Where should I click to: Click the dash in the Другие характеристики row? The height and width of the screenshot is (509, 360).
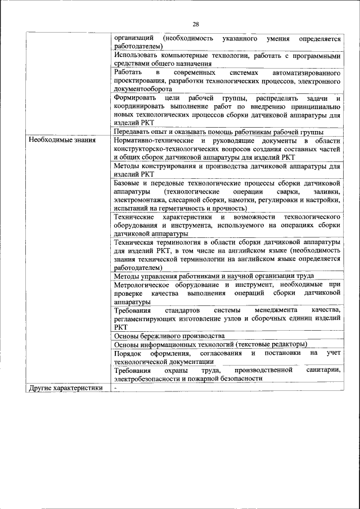tap(115, 388)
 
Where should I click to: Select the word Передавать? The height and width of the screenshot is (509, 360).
tap(133, 131)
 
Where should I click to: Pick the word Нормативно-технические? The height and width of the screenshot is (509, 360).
tap(151, 139)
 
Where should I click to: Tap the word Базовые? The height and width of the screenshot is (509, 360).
tap(128, 183)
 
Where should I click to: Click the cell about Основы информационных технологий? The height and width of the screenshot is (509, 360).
tap(210, 344)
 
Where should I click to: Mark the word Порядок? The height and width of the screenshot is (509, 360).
tap(128, 353)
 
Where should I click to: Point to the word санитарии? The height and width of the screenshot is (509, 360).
tap(324, 370)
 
